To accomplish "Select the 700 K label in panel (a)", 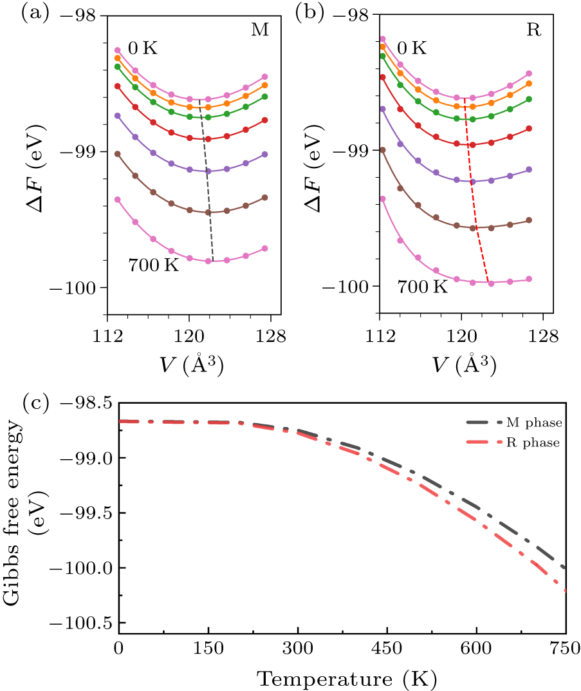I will pos(152,265).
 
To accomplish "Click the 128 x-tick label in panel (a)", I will pos(270,336).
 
